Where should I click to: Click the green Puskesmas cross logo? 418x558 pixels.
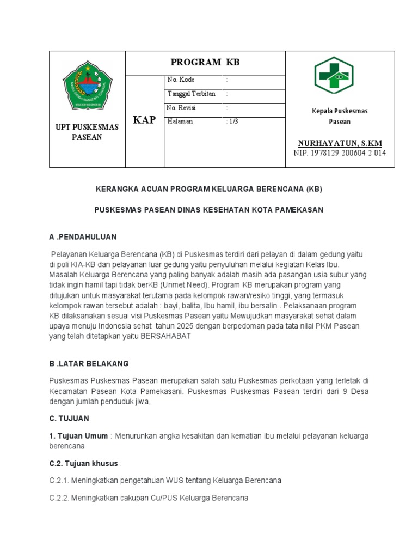point(334,76)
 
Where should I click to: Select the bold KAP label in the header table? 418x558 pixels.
point(145,120)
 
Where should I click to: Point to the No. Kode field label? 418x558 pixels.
point(181,80)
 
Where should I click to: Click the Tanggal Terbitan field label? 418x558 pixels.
point(192,94)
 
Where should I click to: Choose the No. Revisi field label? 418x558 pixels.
point(182,108)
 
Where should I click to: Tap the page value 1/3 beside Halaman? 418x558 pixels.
point(232,122)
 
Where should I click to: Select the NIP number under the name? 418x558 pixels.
point(340,153)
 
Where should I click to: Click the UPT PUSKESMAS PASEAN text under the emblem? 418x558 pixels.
point(87,132)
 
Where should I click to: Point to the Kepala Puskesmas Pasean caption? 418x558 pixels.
point(340,116)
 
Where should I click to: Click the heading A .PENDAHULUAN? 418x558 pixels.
point(83,237)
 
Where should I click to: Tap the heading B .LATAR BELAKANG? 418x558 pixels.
point(89,363)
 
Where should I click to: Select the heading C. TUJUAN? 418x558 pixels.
point(69,418)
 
